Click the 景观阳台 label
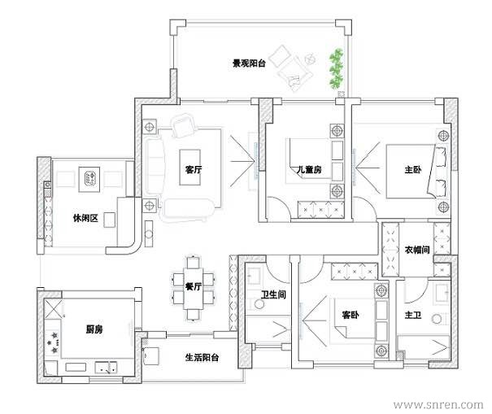[249, 63]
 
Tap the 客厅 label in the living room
[194, 170]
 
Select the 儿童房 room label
[309, 170]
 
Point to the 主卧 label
[413, 170]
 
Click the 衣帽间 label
[417, 250]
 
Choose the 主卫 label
[413, 315]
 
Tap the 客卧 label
[350, 315]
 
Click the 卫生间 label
[273, 294]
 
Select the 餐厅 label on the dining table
[194, 286]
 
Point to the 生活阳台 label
[202, 357]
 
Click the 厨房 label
[94, 329]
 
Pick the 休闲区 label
[85, 218]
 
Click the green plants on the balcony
[336, 68]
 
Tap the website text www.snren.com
[438, 405]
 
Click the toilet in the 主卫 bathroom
[437, 319]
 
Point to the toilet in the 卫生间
[259, 304]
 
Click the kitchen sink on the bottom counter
[106, 368]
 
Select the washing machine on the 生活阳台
[151, 356]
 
